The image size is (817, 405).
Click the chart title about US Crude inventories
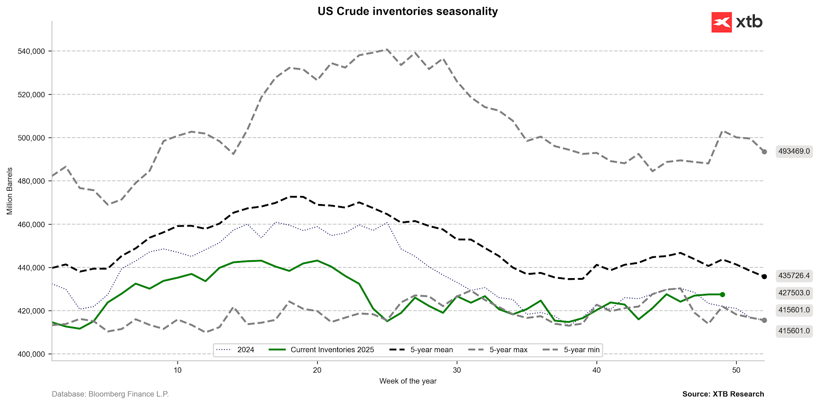coord(407,11)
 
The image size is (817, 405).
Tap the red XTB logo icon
coord(721,22)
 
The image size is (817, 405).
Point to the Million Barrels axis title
coord(9,191)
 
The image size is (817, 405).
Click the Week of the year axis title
coord(408,381)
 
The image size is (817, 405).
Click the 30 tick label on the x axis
coord(457,370)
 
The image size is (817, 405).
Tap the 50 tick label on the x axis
coord(736,370)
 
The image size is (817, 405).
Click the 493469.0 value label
coord(794,151)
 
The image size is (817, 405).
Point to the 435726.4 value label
coord(794,276)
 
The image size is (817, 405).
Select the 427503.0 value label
coord(794,293)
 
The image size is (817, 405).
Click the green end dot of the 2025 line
coord(722,294)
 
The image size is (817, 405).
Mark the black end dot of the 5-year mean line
coord(764,276)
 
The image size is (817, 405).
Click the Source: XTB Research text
coord(723,394)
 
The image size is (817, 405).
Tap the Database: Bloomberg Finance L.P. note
coord(110,394)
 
